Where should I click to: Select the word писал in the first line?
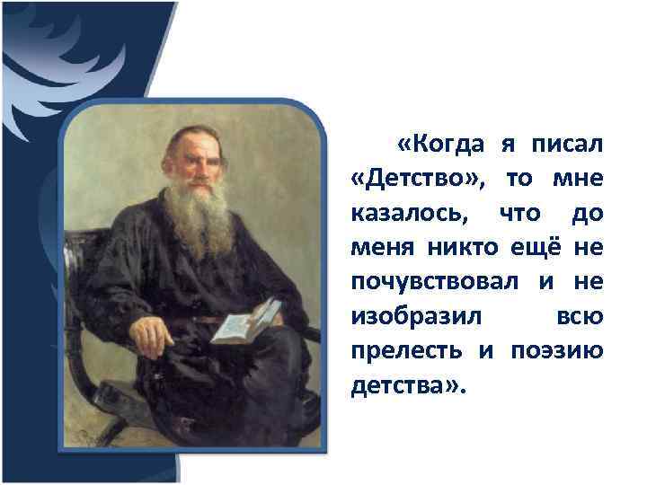click(x=569, y=145)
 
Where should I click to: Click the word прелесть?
click(x=406, y=350)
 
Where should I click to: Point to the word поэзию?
click(x=563, y=350)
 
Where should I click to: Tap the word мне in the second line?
click(x=581, y=178)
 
